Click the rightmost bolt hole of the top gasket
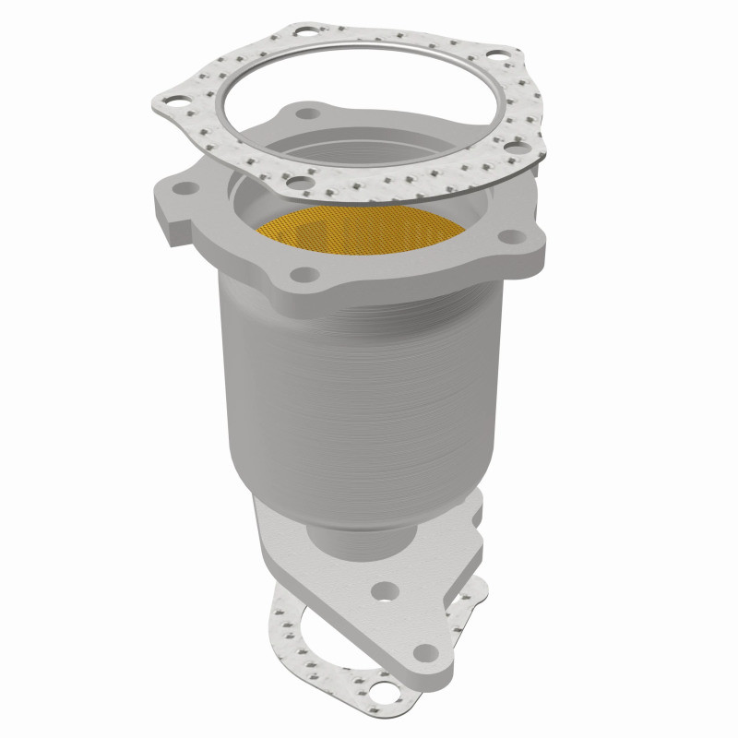521,148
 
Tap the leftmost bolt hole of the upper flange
187,188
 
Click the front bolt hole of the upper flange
301,273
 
